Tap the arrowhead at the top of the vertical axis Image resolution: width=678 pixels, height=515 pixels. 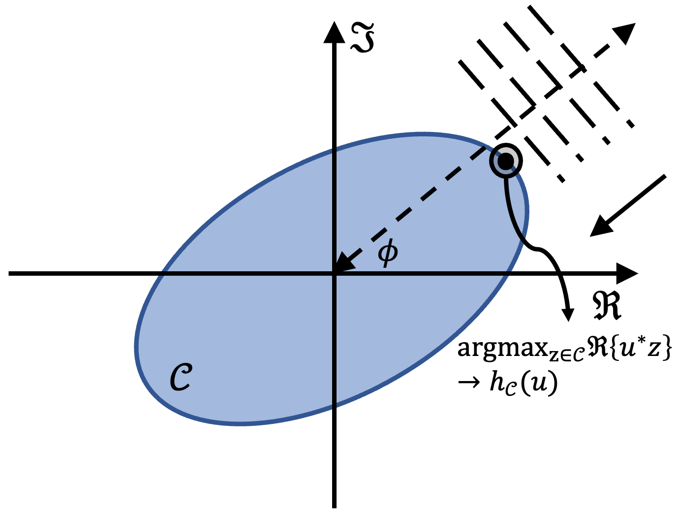click(x=334, y=32)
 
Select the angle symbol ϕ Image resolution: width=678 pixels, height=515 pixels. click(x=388, y=253)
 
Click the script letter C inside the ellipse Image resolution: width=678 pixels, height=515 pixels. click(x=181, y=378)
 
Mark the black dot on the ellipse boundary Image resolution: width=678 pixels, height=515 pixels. click(x=505, y=161)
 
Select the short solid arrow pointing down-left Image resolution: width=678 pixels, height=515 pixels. click(x=627, y=205)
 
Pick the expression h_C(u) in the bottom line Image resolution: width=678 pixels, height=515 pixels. click(x=524, y=383)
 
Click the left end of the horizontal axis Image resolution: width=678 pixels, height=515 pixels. click(x=11, y=273)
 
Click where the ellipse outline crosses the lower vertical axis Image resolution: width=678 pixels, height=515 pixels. click(x=334, y=408)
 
